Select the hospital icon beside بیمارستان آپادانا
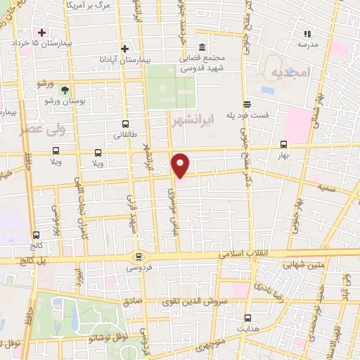click(124, 49)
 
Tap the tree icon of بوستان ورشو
click(65, 90)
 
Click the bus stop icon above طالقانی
click(125, 124)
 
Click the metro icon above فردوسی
click(139, 257)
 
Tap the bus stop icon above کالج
click(36, 235)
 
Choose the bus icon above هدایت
click(247, 318)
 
